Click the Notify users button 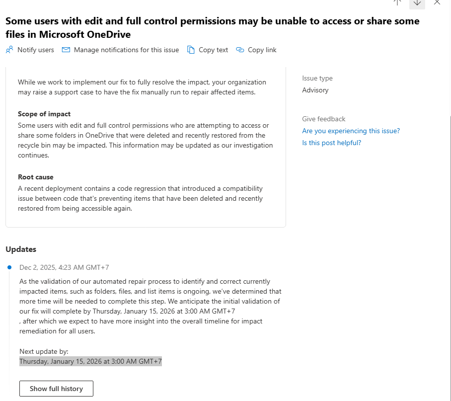30,50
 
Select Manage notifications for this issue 121,50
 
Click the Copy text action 208,50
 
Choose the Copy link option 256,50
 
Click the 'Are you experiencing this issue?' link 351,131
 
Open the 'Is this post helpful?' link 331,143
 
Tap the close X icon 437,2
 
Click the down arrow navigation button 417,2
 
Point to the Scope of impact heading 44,114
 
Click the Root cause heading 36,177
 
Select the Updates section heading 21,249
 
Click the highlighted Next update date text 90,361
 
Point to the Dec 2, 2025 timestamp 64,267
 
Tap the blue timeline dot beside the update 9,267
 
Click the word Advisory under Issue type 315,90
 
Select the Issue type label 317,78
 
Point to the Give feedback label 323,119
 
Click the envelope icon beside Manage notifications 66,50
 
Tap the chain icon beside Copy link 240,50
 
